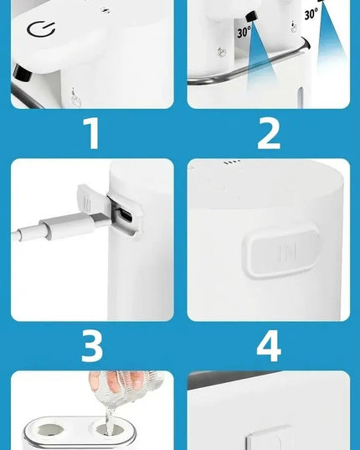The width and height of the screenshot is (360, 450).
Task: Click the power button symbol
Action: [40, 29]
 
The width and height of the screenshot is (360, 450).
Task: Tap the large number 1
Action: [92, 133]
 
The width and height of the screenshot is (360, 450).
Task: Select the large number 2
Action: [269, 134]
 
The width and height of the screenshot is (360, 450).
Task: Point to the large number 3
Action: [92, 346]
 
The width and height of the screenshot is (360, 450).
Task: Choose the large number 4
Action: [269, 346]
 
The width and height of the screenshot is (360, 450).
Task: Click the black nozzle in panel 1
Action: [22, 73]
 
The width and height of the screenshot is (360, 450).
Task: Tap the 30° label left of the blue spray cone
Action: [244, 32]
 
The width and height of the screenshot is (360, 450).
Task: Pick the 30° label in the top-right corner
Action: [311, 13]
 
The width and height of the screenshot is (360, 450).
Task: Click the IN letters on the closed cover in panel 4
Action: [287, 252]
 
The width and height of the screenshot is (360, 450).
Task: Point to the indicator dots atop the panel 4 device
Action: [232, 163]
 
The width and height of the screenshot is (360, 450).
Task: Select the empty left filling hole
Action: [50, 430]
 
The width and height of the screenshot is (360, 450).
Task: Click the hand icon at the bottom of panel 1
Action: [75, 98]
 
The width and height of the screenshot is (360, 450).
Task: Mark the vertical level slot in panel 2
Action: [300, 97]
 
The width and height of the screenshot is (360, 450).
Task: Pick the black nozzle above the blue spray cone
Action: [251, 16]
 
